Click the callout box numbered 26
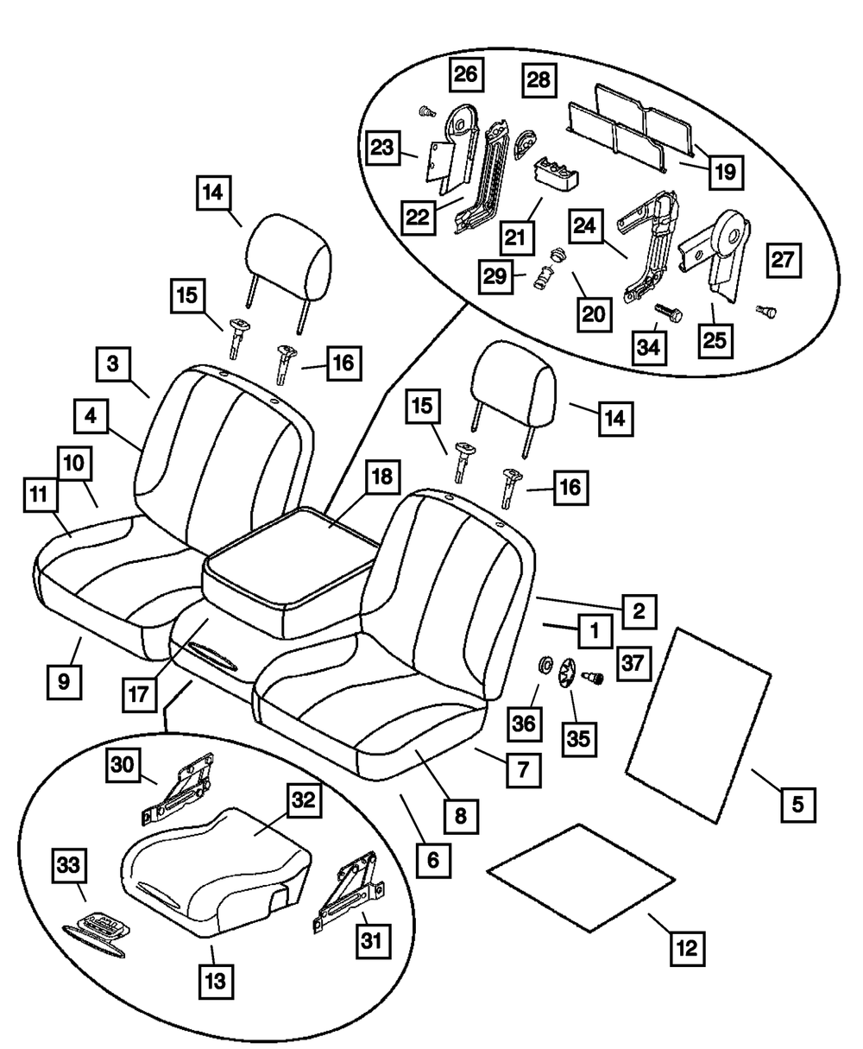click(x=466, y=74)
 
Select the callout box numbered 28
click(x=539, y=79)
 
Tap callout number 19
click(x=726, y=172)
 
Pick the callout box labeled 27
click(x=784, y=260)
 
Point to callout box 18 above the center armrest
click(x=382, y=477)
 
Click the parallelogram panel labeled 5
click(x=698, y=726)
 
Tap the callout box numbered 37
click(x=633, y=663)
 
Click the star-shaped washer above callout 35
click(x=567, y=673)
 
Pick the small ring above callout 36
click(x=547, y=665)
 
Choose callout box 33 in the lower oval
click(x=68, y=866)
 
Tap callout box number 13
click(x=216, y=982)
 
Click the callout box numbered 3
click(x=113, y=364)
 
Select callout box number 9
click(x=64, y=682)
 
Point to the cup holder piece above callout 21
click(x=557, y=174)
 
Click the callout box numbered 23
click(x=382, y=148)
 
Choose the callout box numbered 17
click(x=139, y=694)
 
